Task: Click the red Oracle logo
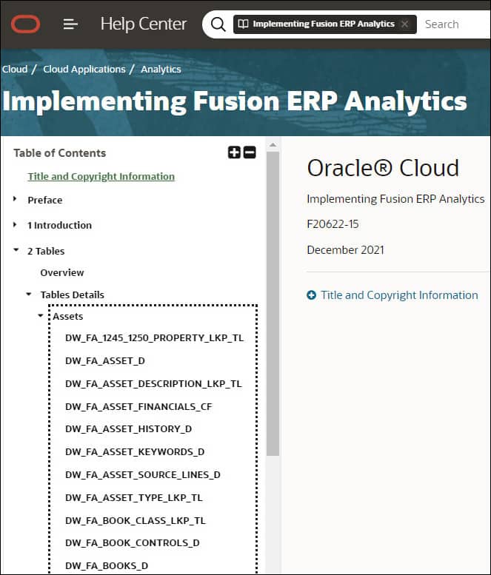26,24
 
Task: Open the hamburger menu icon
70,24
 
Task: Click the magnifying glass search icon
218,24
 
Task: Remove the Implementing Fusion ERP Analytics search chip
404,24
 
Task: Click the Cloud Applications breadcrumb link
84,69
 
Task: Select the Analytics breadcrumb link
161,69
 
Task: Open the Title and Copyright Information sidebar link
101,176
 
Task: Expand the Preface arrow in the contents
16,200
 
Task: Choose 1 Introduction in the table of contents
60,225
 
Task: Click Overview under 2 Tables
62,272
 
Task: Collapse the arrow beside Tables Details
29,295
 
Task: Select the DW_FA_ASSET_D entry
105,360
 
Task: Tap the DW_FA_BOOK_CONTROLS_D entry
133,542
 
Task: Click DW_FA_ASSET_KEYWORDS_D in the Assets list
135,451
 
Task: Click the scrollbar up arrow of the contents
273,145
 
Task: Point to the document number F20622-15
333,223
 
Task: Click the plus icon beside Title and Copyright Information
312,295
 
